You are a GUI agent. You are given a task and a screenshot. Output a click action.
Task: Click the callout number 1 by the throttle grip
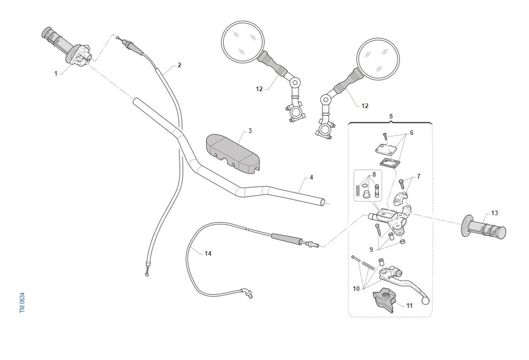(56, 73)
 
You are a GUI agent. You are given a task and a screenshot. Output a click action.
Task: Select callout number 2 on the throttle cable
(179, 65)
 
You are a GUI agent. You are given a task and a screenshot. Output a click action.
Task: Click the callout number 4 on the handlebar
(311, 177)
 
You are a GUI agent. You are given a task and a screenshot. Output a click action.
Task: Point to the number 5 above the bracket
(391, 116)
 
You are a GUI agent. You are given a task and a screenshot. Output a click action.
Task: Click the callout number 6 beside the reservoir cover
(411, 132)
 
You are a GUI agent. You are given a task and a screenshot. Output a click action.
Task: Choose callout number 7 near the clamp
(418, 176)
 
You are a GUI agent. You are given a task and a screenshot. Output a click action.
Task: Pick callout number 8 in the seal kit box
(374, 174)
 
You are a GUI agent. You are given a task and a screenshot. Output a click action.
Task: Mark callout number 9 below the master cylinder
(371, 249)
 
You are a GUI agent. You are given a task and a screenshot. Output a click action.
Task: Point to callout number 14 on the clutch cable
(208, 253)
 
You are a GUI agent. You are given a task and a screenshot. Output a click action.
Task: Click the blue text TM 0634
(22, 303)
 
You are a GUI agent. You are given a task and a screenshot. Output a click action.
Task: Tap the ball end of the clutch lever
(425, 301)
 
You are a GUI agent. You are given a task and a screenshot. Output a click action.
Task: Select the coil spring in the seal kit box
(358, 191)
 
